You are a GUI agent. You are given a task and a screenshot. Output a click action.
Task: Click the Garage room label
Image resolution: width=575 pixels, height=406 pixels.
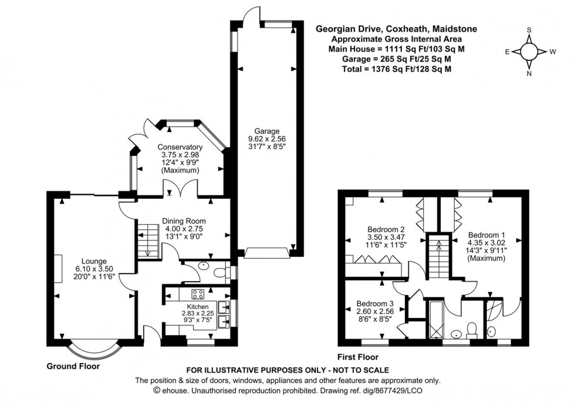point(266,131)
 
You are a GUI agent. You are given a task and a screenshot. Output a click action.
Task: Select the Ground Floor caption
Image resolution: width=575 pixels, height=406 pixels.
point(73,366)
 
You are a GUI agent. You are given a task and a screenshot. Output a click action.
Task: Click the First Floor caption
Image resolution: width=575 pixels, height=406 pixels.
point(358,357)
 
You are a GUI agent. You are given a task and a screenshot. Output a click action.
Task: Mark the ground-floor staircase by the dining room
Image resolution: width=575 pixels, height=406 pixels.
point(148,237)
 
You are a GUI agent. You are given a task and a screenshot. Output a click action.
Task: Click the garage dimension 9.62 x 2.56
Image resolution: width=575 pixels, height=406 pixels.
point(266,139)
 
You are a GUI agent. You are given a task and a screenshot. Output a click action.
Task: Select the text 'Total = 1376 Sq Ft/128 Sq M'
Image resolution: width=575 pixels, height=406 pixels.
point(396,69)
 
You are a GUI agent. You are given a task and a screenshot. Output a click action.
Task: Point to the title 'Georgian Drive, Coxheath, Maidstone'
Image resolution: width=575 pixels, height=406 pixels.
point(396,28)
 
